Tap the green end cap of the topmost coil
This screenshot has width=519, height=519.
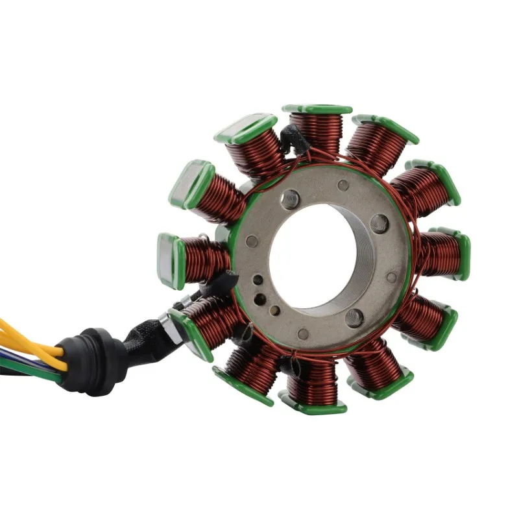(x=317, y=109)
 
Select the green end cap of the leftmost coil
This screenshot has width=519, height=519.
(x=167, y=259)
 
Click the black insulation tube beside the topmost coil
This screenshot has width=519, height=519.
(x=294, y=138)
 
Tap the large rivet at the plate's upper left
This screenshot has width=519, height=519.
(x=290, y=199)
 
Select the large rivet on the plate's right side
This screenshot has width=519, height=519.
(x=380, y=224)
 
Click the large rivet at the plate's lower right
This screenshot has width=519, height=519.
(x=354, y=318)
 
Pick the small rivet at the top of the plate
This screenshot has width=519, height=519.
(x=343, y=186)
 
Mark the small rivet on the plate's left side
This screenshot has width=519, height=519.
(x=252, y=241)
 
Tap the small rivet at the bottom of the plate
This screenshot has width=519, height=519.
(x=303, y=334)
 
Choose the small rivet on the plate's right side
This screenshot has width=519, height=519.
(x=391, y=278)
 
